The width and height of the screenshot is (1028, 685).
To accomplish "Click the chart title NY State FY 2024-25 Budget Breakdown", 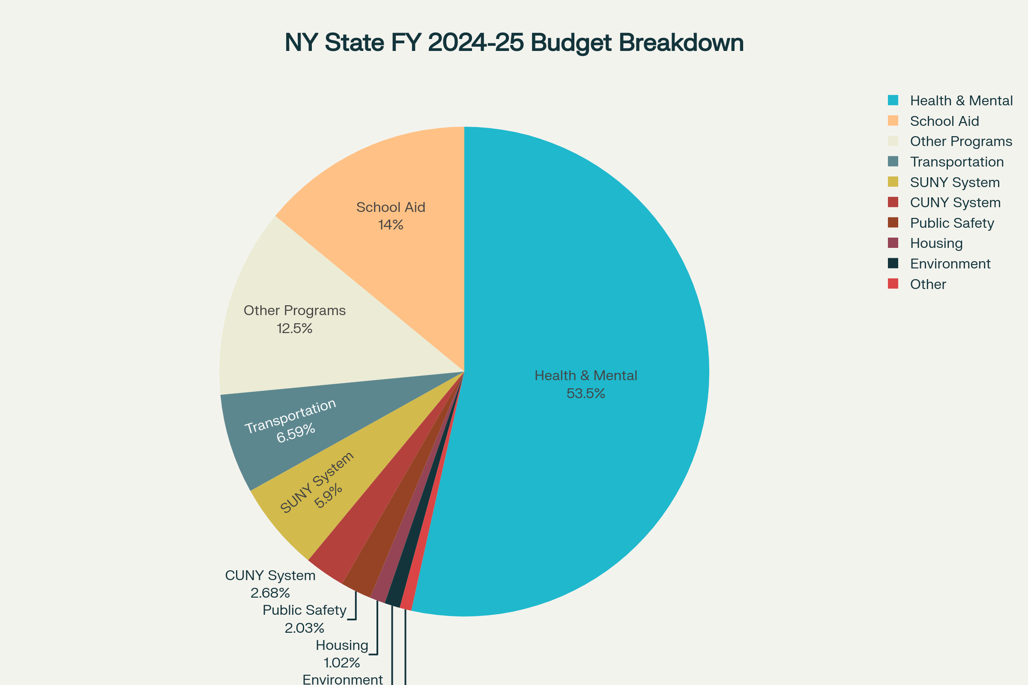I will (514, 43).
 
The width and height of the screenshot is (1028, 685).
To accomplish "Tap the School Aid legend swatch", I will (893, 121).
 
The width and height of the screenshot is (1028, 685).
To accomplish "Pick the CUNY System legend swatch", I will (893, 202).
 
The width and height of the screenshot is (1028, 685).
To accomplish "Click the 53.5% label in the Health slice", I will (586, 393).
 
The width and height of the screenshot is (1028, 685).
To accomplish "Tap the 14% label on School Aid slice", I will (390, 224).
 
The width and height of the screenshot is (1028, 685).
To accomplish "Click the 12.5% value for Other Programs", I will (294, 328).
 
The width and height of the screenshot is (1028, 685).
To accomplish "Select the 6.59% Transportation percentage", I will (296, 433).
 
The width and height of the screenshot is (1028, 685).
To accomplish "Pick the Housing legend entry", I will (936, 243).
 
